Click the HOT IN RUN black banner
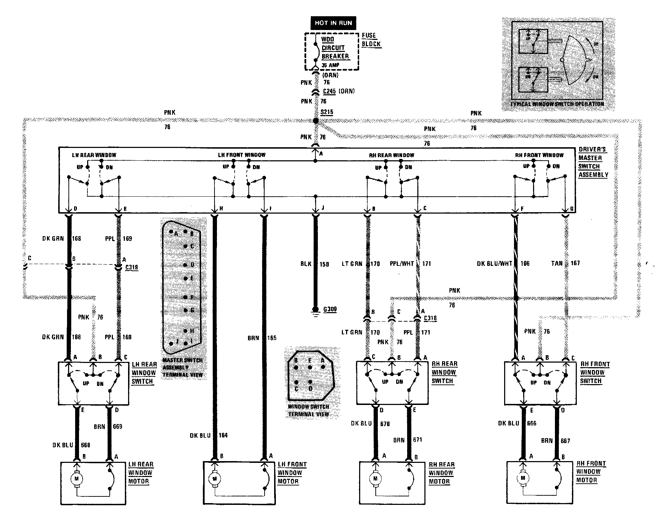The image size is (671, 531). [333, 23]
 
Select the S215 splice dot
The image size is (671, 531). [316, 121]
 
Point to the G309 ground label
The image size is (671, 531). [330, 310]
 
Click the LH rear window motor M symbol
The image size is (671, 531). [77, 479]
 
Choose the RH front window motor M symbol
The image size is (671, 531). [523, 478]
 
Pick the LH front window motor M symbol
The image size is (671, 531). [214, 479]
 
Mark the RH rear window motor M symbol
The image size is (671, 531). [375, 479]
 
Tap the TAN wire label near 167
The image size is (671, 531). [557, 263]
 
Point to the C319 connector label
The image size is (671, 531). [132, 267]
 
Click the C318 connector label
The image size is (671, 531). [430, 318]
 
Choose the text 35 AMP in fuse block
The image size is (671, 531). [330, 65]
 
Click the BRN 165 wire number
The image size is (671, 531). [272, 338]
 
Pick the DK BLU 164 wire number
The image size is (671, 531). [223, 435]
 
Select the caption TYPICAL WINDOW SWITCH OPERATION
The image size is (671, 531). [557, 104]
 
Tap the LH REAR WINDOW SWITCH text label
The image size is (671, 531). [144, 373]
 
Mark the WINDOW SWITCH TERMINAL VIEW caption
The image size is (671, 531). [309, 411]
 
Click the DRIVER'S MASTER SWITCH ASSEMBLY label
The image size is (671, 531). [593, 162]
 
